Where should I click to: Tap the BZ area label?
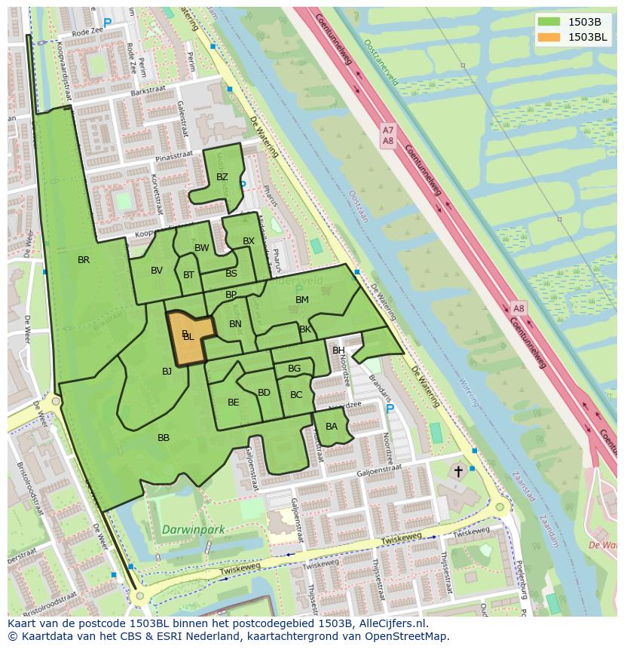pos(222,177)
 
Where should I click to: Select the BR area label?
pos(84,260)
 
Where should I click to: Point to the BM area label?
pos(302,300)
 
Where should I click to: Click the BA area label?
pos(332,427)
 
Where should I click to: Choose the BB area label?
pos(164,438)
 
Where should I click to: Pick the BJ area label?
pos(167,371)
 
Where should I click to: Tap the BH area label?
pos(338,351)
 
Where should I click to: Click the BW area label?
pos(202,248)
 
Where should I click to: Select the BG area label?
pos(295,369)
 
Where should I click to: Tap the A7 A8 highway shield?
pos(387,136)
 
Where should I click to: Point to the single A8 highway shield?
pos(518,309)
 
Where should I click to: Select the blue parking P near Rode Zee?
pos(107,23)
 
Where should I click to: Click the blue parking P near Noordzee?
pos(390,409)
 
